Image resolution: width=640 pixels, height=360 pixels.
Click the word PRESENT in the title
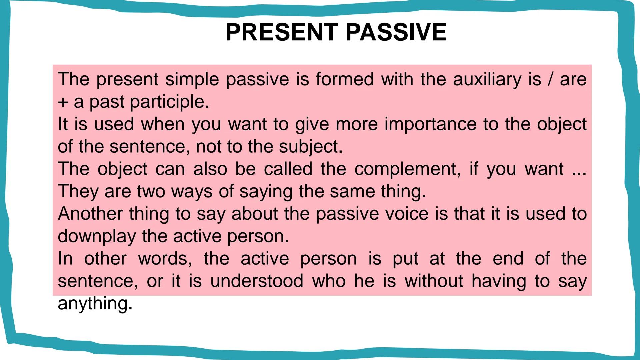(x=282, y=32)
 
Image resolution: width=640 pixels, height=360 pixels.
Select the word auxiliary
(x=487, y=80)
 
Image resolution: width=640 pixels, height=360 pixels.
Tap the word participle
(x=169, y=102)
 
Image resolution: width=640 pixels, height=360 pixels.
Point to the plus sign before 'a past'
(x=63, y=102)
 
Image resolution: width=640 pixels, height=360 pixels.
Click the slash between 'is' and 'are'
(x=550, y=80)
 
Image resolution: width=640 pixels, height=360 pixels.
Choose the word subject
(x=310, y=147)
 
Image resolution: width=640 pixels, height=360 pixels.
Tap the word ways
(x=192, y=192)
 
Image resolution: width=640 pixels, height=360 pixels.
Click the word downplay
(x=97, y=236)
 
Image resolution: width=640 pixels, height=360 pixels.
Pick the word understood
(x=257, y=281)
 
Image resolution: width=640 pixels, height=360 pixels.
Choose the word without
(x=434, y=281)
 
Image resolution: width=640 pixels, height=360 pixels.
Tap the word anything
(x=95, y=304)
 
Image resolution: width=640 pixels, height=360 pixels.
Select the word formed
(x=345, y=80)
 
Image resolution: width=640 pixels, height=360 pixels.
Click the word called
(x=288, y=169)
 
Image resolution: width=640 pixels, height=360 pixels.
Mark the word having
(x=499, y=281)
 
